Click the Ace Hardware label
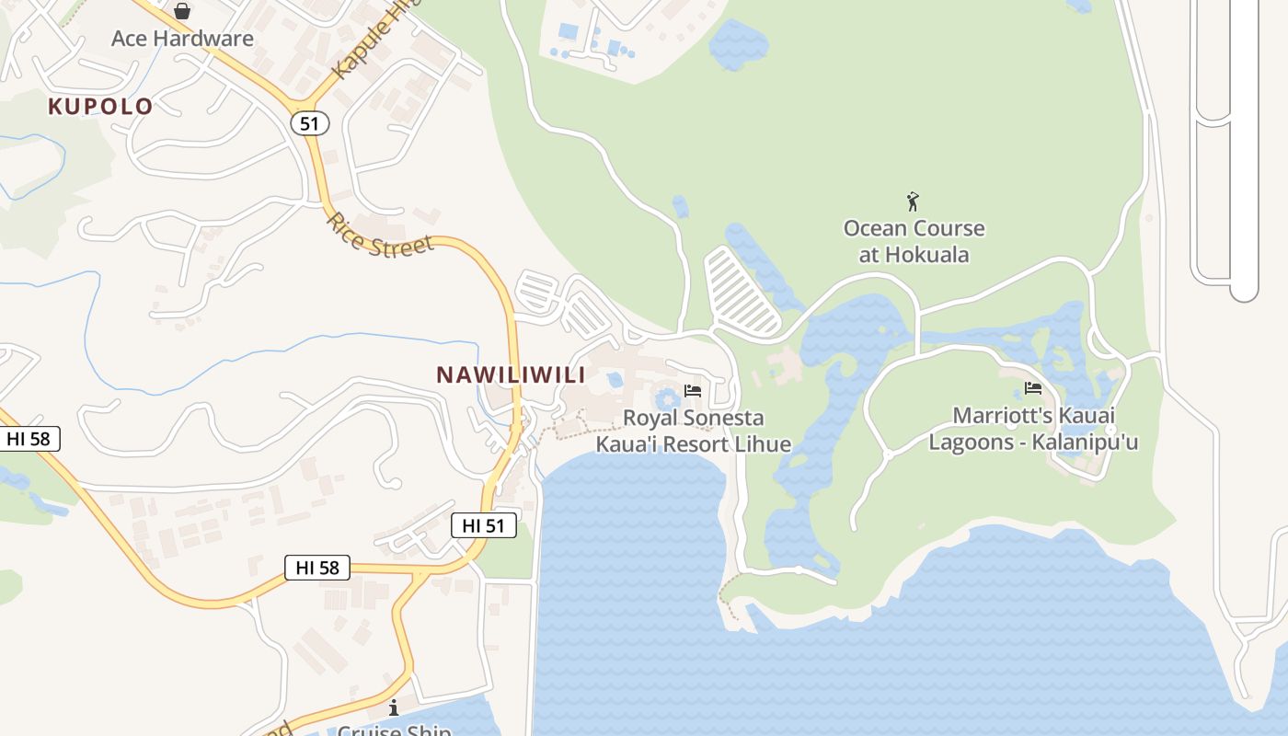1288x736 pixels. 182,39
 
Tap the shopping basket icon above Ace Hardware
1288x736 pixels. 182,11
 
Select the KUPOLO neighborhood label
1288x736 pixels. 100,107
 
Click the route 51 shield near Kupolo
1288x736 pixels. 310,123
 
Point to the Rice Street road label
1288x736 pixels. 379,236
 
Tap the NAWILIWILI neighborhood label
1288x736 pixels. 511,375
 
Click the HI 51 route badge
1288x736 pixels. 483,526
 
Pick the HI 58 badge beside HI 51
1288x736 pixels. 317,568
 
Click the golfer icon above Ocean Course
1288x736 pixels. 913,201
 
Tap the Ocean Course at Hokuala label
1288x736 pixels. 914,241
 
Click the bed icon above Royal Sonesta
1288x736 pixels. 693,391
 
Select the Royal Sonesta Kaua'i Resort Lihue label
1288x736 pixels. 694,431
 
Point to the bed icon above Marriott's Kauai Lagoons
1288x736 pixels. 1032,388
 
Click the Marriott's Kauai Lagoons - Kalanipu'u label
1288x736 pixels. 1033,429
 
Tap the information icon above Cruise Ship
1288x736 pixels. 394,707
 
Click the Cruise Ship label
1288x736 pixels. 394,730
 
